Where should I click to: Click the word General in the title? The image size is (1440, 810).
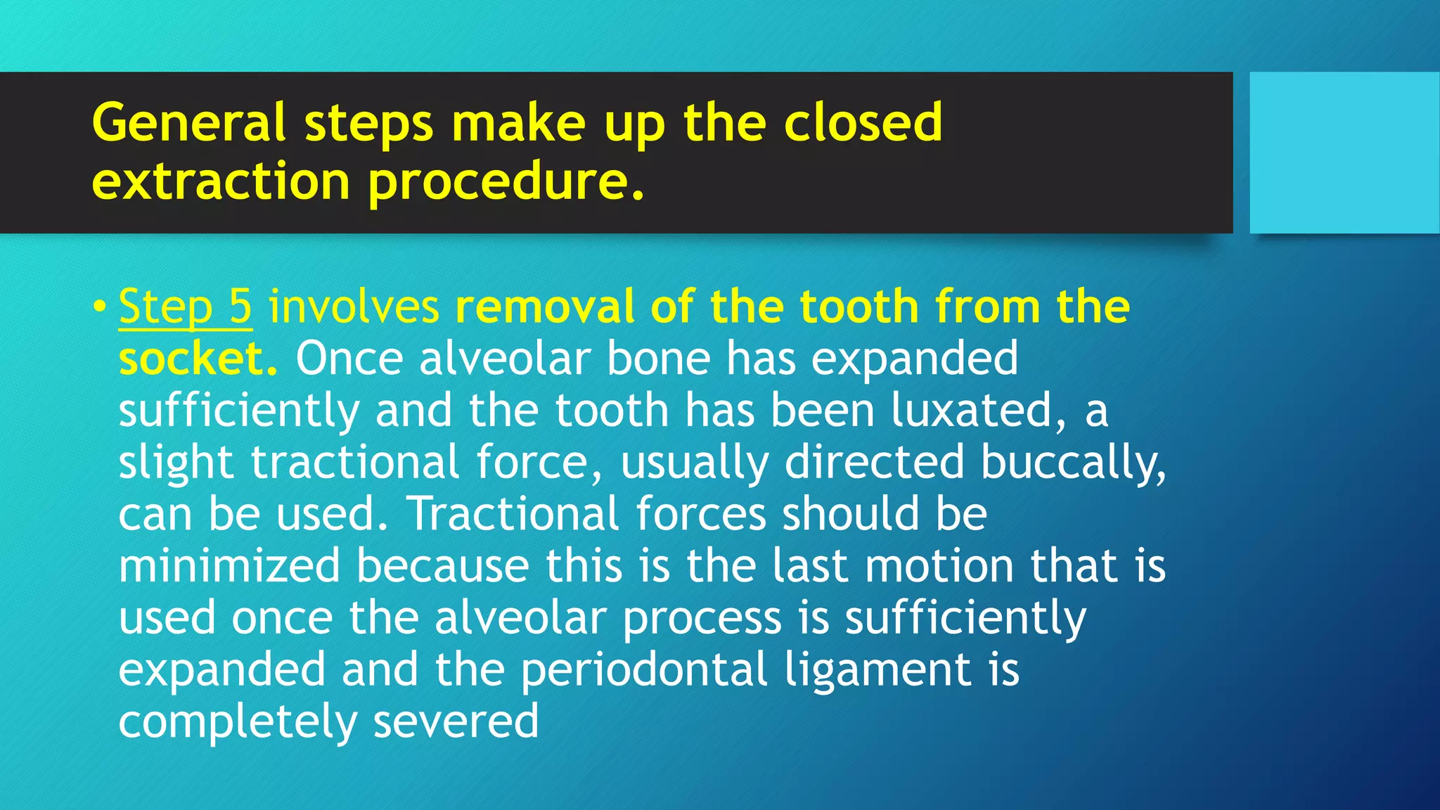coord(188,122)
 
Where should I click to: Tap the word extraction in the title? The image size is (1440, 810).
coord(221,181)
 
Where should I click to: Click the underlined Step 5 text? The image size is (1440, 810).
coord(185,307)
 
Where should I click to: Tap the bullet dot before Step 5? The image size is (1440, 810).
coord(100,307)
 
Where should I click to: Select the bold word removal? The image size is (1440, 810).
coord(545,307)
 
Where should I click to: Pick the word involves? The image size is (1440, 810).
coord(354,307)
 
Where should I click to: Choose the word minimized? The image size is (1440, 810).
coord(229,565)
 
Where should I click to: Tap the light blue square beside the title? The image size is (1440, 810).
coord(1344,153)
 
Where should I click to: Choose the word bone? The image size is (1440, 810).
coord(658,359)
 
